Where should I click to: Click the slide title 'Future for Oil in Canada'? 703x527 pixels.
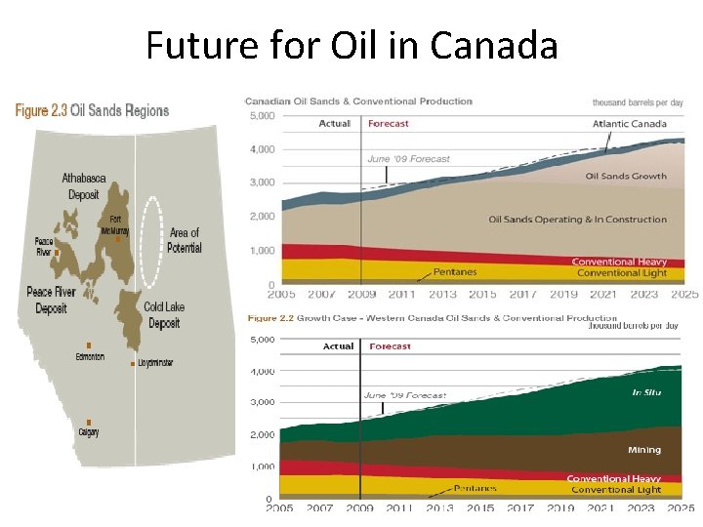tap(351, 45)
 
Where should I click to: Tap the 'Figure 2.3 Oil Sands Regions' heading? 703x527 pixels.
tap(92, 111)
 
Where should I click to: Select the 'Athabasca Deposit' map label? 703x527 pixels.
tap(84, 185)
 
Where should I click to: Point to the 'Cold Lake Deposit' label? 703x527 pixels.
tap(164, 314)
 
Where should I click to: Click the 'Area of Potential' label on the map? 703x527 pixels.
tap(185, 240)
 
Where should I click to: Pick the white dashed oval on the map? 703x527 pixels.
tap(151, 242)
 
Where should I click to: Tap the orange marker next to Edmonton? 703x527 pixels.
tap(89, 345)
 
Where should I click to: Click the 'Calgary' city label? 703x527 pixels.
tap(89, 432)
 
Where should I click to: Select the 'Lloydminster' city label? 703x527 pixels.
tap(154, 363)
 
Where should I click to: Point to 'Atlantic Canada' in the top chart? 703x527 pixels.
tap(630, 124)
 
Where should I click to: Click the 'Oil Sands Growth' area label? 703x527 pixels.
tap(626, 177)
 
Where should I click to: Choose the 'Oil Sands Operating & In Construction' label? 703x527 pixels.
tap(577, 220)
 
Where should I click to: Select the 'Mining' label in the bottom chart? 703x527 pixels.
tap(643, 450)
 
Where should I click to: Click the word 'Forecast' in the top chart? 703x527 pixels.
tap(389, 124)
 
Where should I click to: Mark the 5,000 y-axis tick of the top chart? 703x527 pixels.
tap(263, 115)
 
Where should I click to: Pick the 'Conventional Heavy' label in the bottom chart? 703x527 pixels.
tap(613, 478)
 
